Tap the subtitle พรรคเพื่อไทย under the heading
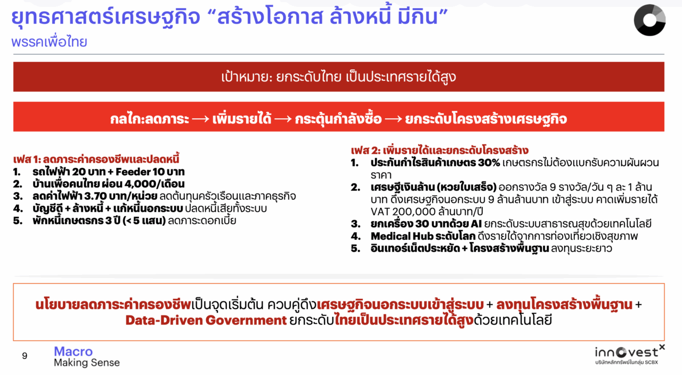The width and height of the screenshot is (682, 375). tap(49, 42)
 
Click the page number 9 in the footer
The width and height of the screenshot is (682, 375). tap(25, 355)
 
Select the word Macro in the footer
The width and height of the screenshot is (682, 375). tap(73, 352)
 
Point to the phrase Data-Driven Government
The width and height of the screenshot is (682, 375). tap(206, 320)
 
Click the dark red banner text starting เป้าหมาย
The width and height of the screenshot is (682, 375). tap(338, 77)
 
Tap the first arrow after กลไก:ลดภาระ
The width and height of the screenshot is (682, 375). tap(201, 119)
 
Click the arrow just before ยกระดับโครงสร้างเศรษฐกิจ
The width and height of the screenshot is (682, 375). tap(393, 119)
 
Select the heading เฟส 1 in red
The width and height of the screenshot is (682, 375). tap(96, 159)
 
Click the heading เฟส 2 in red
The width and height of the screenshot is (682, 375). tap(440, 150)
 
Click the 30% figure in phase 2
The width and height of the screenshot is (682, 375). tap(489, 163)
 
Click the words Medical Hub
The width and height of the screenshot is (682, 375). tap(401, 236)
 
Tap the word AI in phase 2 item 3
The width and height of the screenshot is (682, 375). tap(476, 224)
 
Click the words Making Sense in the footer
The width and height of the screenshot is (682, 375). tap(87, 363)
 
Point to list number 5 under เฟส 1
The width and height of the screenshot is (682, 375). tap(18, 221)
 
